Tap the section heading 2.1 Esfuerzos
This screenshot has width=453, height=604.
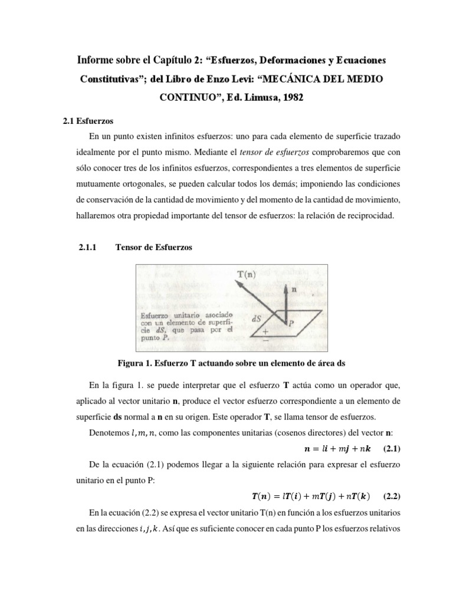click(84, 120)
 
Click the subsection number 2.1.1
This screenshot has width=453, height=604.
click(90, 248)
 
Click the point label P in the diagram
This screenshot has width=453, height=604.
click(290, 323)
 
